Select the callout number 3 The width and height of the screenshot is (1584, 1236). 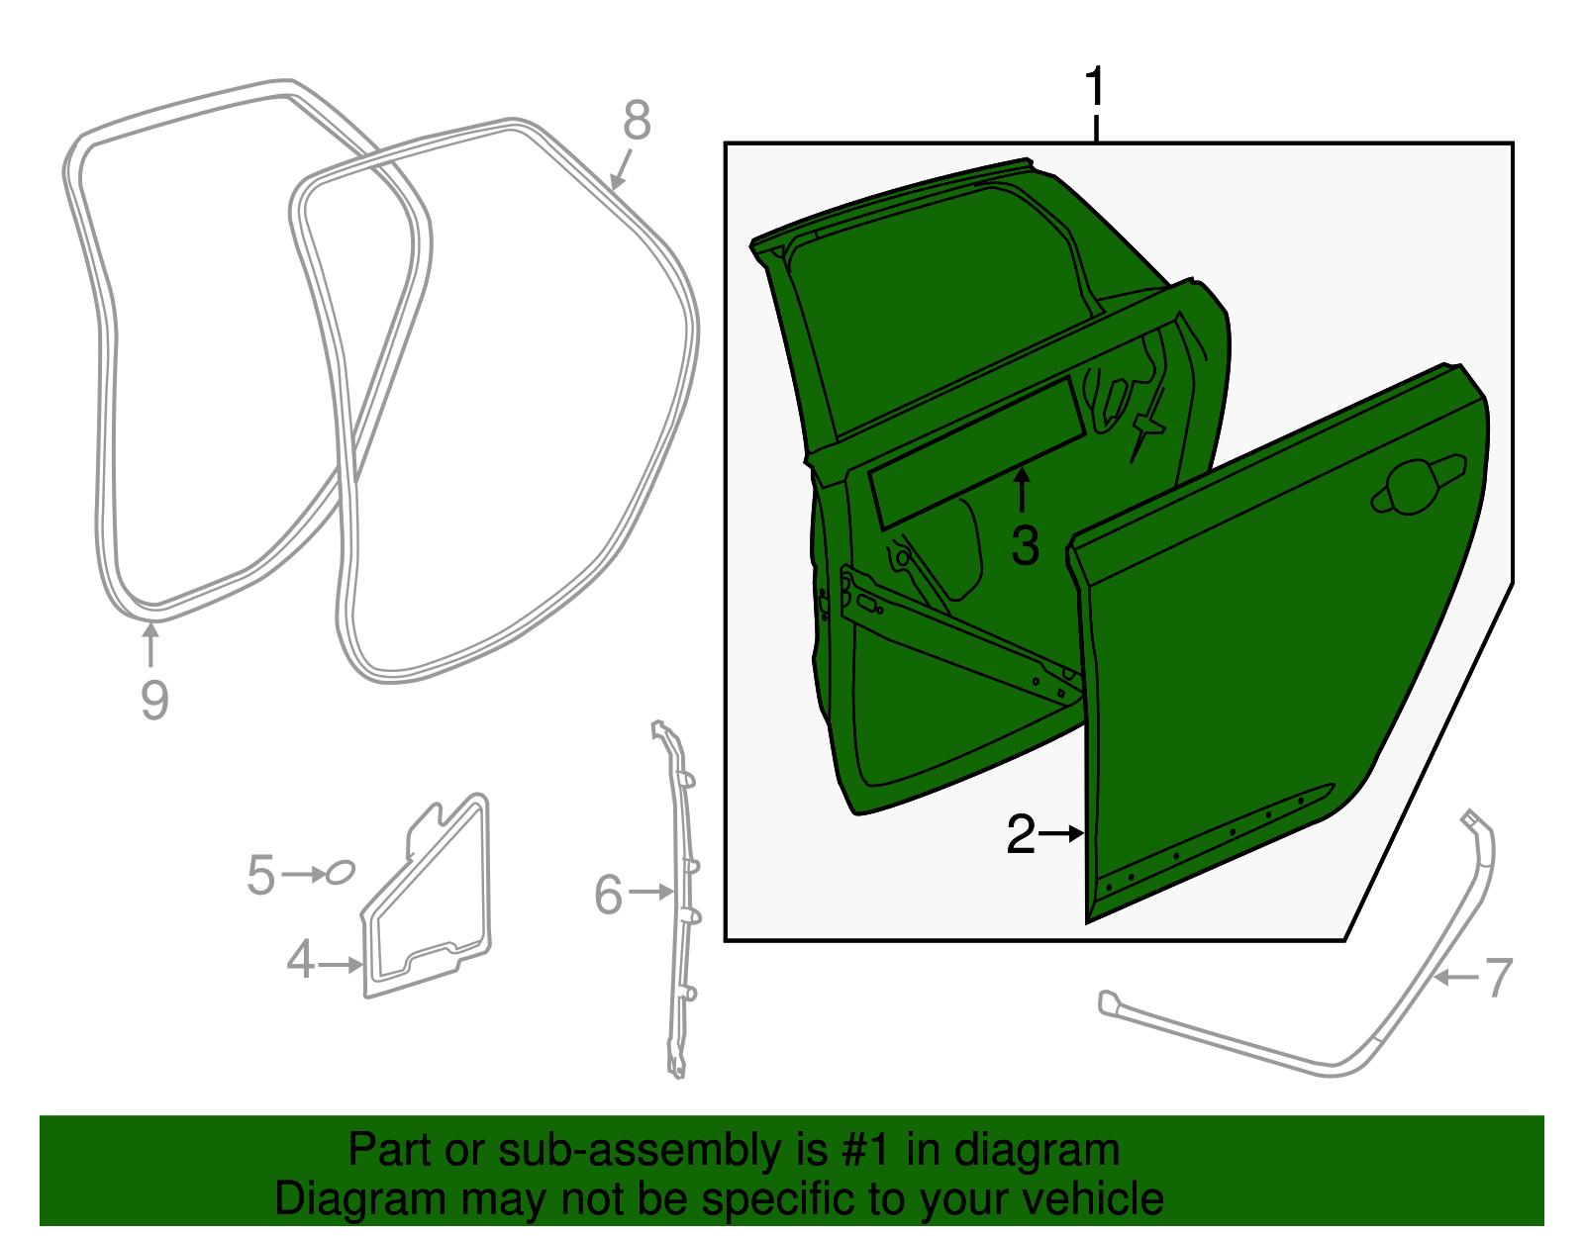coord(1025,546)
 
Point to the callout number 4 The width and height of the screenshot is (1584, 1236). coord(301,960)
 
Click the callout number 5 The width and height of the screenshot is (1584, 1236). coord(261,876)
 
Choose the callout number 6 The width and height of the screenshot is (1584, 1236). coord(609,896)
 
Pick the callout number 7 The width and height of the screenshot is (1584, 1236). coord(1499,978)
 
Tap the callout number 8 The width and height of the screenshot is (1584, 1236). coord(637,121)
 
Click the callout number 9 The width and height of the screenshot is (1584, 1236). coord(154,701)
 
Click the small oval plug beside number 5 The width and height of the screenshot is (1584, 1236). coord(340,872)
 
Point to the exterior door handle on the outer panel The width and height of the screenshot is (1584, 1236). coord(1418,487)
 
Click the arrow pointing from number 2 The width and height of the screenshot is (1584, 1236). coord(1060,833)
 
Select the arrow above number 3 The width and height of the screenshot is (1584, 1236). coord(1023,491)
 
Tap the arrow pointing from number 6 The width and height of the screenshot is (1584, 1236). coord(650,892)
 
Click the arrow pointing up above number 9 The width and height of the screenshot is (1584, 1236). coord(150,645)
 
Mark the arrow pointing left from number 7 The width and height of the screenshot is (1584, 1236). coord(1455,978)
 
